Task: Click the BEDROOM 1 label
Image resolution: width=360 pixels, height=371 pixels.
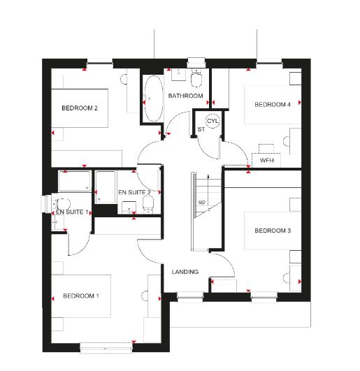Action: coord(80,296)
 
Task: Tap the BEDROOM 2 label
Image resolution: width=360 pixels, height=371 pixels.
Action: coord(79,108)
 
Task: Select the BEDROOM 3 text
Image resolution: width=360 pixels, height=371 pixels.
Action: coord(272,231)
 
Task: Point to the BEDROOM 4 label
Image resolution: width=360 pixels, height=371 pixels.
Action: coord(272,105)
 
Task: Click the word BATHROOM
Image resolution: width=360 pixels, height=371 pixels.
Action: coord(185,96)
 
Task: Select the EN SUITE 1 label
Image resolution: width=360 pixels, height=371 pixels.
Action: coord(72,212)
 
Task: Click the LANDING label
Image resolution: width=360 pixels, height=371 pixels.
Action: coord(185,272)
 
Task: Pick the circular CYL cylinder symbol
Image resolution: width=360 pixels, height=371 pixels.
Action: coord(213,121)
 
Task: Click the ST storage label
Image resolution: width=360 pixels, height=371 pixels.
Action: coord(201,129)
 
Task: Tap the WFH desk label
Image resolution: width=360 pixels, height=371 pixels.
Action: coord(266,161)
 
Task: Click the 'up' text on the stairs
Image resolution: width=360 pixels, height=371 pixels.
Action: coord(202,203)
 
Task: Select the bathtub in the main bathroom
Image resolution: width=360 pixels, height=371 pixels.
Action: coord(152,98)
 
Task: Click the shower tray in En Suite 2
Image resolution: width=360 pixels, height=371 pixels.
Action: coord(106,187)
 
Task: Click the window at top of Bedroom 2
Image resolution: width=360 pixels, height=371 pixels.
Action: coord(100,65)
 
